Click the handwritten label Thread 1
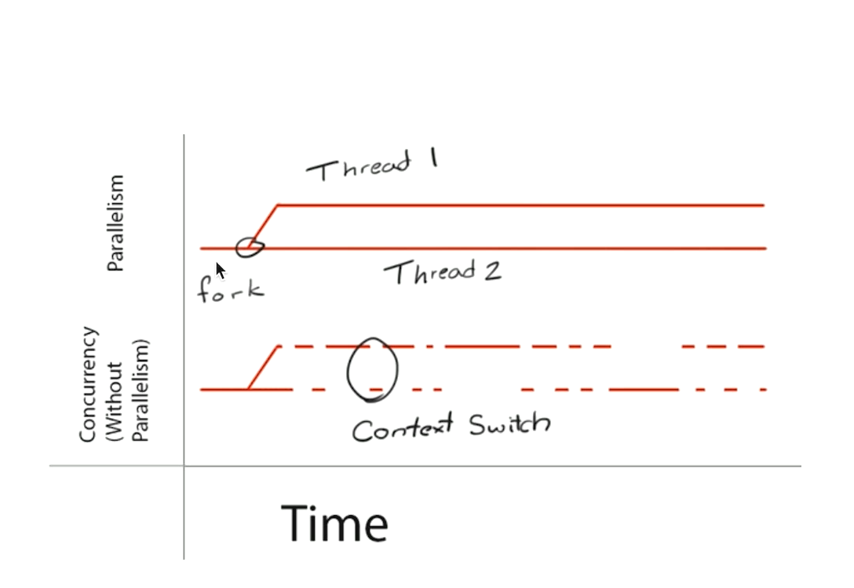click(370, 165)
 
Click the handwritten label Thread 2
click(443, 273)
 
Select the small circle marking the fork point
click(251, 247)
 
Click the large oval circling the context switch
click(372, 370)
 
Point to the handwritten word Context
click(402, 428)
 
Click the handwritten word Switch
click(509, 425)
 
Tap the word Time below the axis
click(334, 524)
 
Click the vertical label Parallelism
click(115, 223)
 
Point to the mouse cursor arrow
click(220, 270)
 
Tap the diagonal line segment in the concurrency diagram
click(264, 367)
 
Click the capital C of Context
click(362, 431)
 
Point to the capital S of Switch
click(480, 425)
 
